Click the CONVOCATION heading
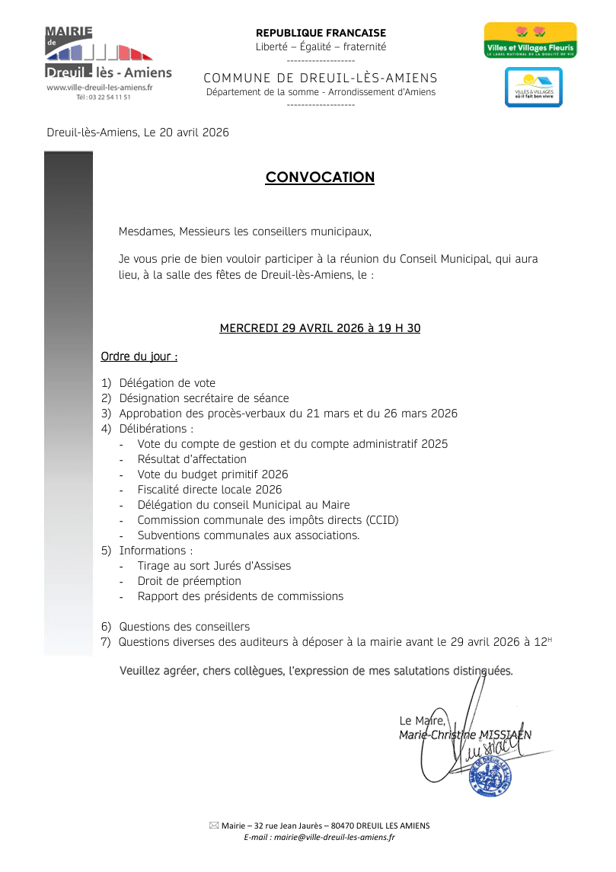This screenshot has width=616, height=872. coord(320,177)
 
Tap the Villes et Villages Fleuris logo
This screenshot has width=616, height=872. coord(531,40)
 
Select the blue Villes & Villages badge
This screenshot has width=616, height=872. coord(533,88)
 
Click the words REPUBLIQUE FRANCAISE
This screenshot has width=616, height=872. coord(321,33)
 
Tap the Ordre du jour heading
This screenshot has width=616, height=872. coord(139,356)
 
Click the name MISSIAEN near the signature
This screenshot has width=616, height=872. coord(506,735)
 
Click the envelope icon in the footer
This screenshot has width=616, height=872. coord(213,826)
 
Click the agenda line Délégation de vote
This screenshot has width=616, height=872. coord(167,383)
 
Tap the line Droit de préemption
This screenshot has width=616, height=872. coord(189,581)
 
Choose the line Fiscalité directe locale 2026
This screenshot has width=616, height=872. coord(209,490)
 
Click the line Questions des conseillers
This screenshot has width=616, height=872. coord(184,627)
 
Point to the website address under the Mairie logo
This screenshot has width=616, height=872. coord(100,88)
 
